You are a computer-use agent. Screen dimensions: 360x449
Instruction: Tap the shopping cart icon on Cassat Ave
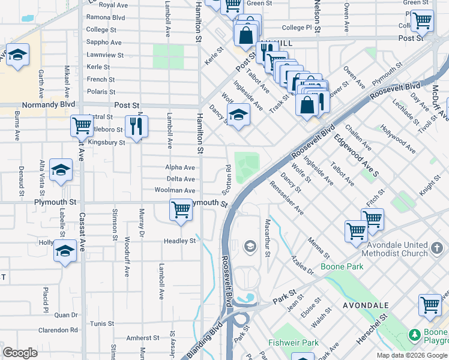(82, 126)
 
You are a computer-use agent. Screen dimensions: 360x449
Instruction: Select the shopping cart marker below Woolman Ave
(181, 210)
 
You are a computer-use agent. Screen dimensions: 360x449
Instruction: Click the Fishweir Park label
(301, 343)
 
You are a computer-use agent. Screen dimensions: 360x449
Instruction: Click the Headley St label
(180, 241)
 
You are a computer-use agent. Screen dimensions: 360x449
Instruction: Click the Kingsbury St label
(106, 143)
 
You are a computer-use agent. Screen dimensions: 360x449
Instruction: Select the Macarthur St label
(268, 237)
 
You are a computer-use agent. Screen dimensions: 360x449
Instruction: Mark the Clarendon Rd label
(58, 329)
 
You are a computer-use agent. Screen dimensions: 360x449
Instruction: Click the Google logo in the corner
(20, 353)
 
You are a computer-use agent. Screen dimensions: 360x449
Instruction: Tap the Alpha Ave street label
(181, 167)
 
